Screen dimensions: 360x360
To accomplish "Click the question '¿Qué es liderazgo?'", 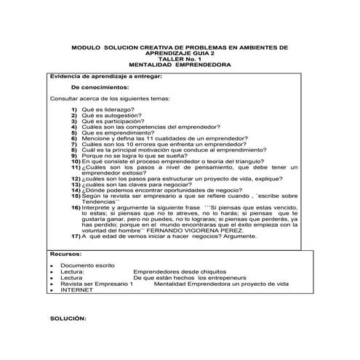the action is (x=107, y=109).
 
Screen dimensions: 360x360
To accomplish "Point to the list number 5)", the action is (x=75, y=134).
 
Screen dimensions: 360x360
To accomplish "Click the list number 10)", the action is (x=75, y=160).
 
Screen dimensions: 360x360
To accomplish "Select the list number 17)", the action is (x=75, y=236).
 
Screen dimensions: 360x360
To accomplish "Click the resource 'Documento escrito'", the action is (x=86, y=266).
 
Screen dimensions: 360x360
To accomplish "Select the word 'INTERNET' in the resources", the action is (x=76, y=290).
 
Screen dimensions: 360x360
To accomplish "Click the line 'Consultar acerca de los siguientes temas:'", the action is (x=108, y=97).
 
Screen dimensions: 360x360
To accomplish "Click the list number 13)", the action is (x=75, y=185).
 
